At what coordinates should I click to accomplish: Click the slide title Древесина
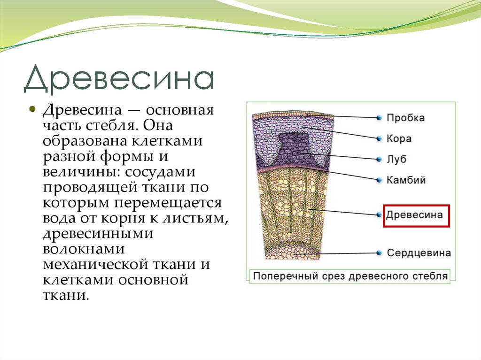(119, 79)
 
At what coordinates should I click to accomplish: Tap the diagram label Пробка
(405, 118)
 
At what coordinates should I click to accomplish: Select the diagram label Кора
(399, 138)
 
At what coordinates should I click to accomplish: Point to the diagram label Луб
(396, 159)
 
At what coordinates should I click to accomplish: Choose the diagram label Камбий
(406, 180)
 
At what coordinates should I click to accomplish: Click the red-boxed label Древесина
(414, 215)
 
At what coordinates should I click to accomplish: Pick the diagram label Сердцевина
(419, 253)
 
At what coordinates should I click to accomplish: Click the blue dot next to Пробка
(379, 118)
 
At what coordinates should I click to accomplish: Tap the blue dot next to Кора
(379, 138)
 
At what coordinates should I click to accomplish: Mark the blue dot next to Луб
(379, 159)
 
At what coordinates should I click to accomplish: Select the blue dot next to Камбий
(379, 180)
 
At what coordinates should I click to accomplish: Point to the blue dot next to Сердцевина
(379, 253)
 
